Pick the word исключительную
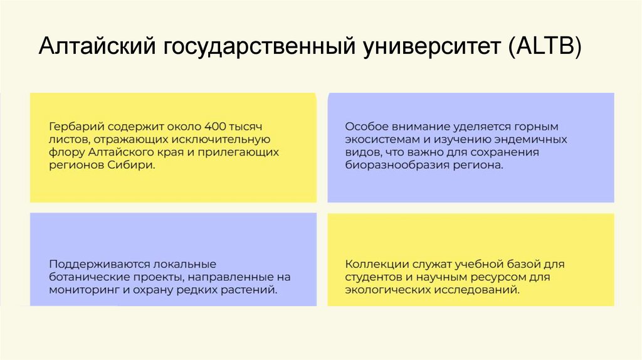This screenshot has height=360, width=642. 224,139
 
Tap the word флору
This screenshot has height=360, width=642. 65,152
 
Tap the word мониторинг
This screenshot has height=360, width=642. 81,290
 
